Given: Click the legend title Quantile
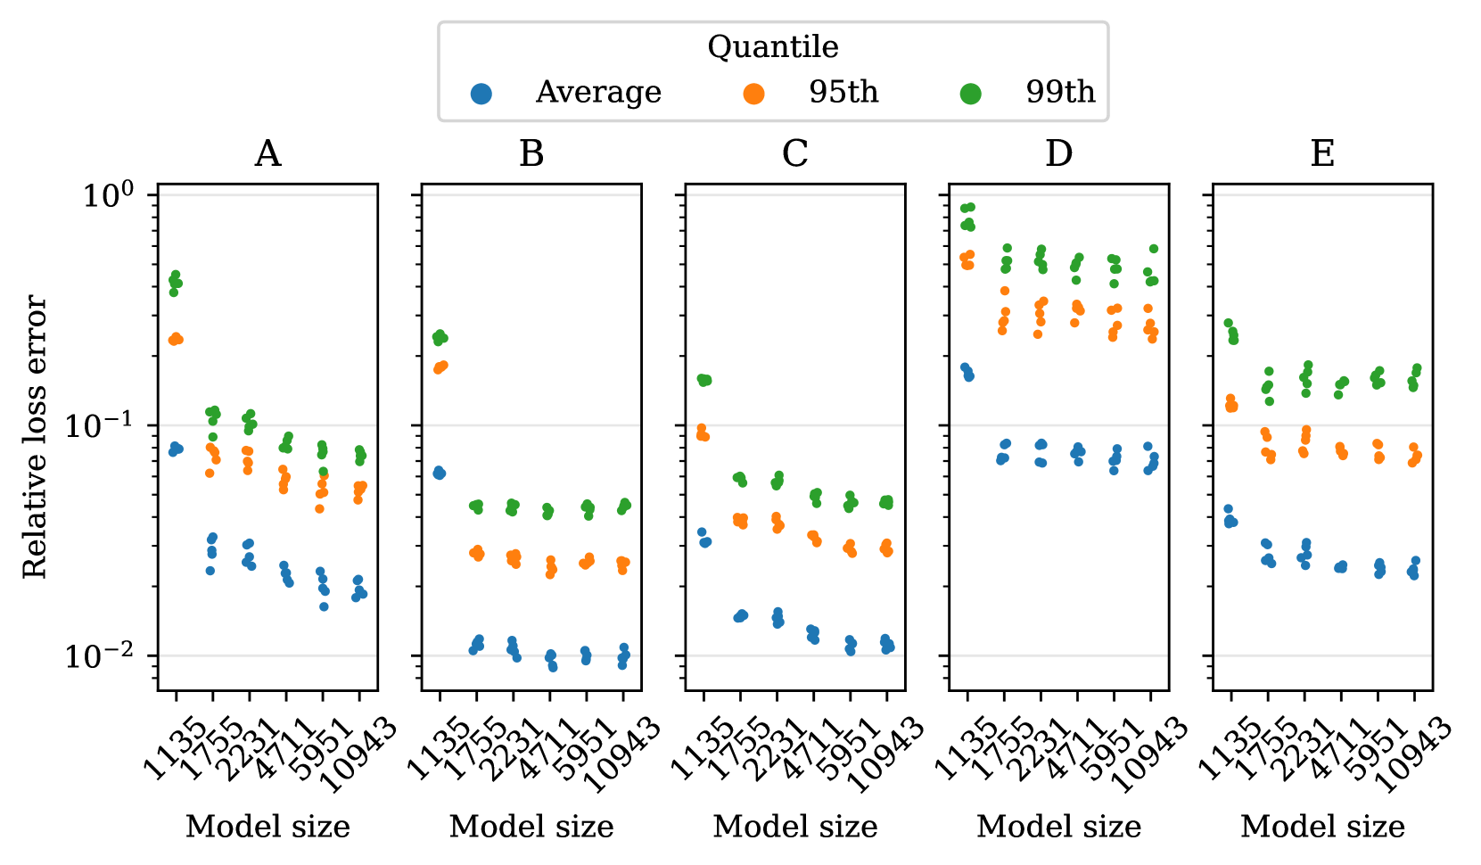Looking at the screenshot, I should (772, 47).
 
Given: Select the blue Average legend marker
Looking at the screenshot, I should (481, 93).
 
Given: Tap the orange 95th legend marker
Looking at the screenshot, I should (754, 93).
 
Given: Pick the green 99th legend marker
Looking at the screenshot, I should (971, 93).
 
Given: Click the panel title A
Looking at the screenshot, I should (267, 155).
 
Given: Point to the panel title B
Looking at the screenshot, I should (531, 155).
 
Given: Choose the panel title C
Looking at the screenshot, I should (795, 155).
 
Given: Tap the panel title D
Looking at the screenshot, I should (1059, 155).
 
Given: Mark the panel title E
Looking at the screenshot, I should (1322, 155).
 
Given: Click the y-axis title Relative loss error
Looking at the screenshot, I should (35, 437).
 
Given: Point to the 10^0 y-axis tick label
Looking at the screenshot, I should (108, 195).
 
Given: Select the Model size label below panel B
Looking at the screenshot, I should (531, 827).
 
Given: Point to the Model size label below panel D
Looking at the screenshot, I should (1059, 827).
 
